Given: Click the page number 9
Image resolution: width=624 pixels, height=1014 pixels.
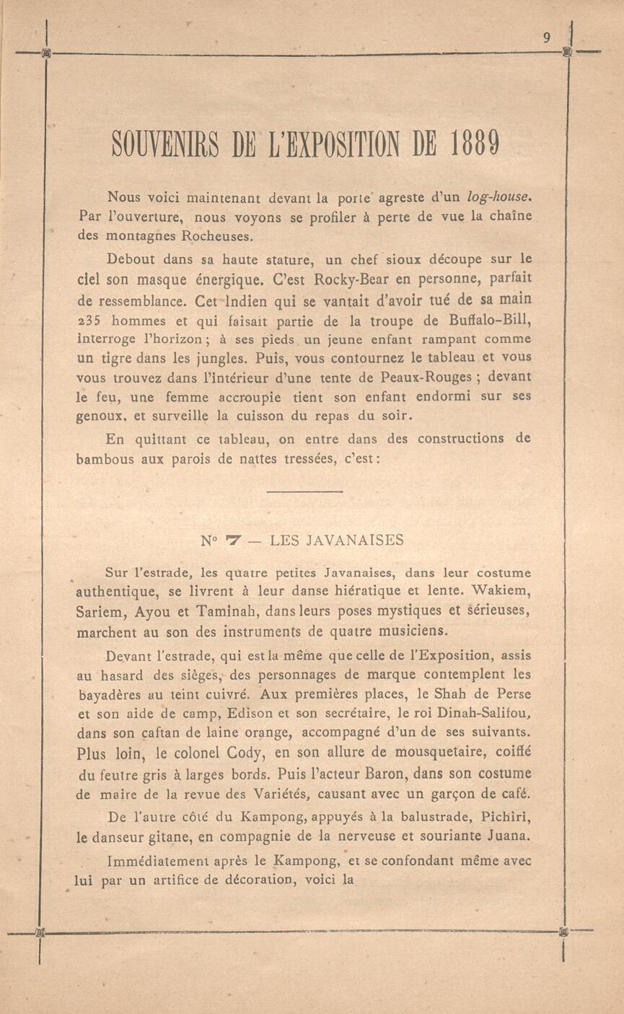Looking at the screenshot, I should pyautogui.click(x=547, y=39).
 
